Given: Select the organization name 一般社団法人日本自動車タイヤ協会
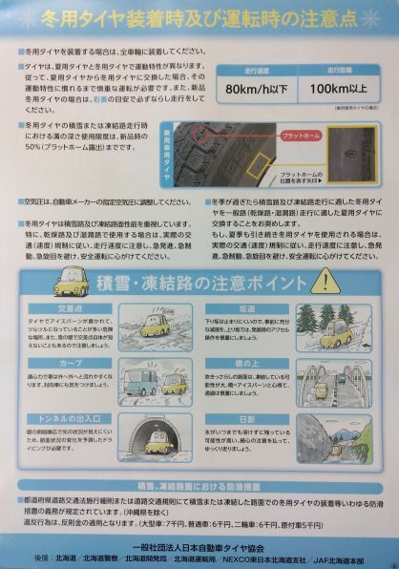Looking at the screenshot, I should [x=200, y=537].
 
